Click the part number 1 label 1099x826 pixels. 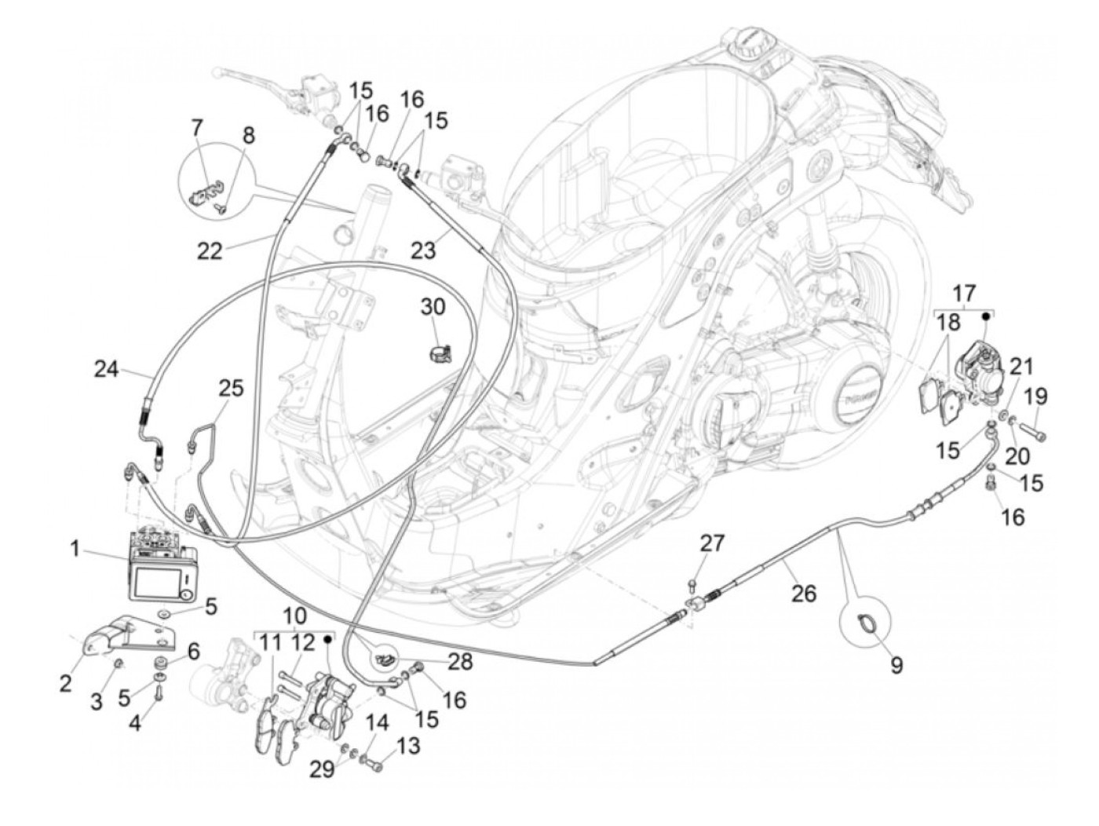[x=75, y=548]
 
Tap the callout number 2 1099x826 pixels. [x=67, y=683]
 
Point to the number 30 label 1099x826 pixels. [x=432, y=305]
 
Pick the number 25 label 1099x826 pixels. [x=231, y=389]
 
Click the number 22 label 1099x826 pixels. [x=210, y=250]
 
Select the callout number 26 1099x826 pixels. [x=804, y=594]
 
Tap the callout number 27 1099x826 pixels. [x=714, y=543]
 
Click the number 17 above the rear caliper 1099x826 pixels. [x=964, y=294]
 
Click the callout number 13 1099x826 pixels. [x=408, y=745]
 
